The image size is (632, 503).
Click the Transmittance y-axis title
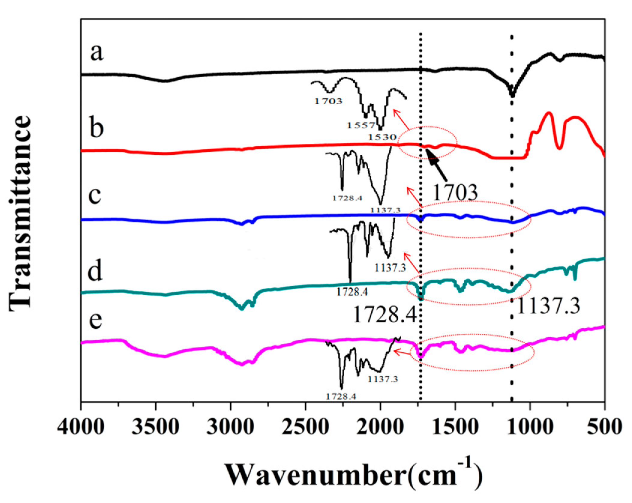(20, 213)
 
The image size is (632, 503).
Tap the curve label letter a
(97, 53)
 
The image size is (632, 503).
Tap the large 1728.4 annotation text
(385, 315)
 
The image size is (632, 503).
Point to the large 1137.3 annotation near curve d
(548, 306)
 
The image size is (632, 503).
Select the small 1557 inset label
(361, 125)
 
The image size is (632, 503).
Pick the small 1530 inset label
(382, 137)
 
